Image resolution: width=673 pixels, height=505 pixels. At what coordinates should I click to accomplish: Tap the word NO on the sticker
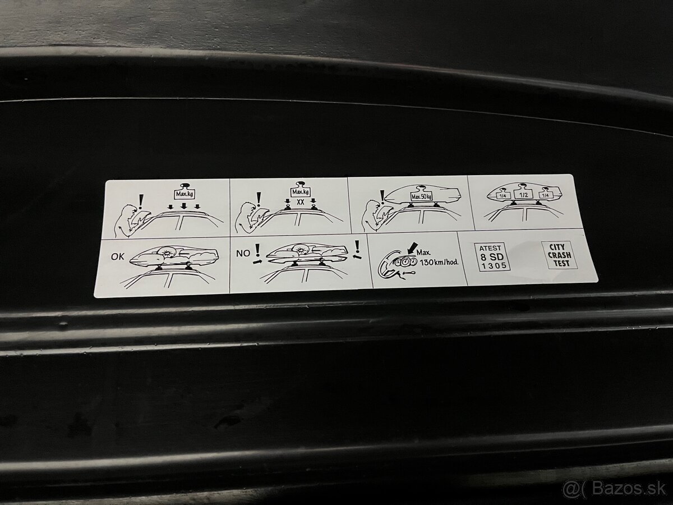point(242,253)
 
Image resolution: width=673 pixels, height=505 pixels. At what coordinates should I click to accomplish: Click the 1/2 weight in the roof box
point(524,194)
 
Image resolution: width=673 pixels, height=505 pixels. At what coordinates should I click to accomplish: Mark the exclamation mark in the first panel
point(140,200)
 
